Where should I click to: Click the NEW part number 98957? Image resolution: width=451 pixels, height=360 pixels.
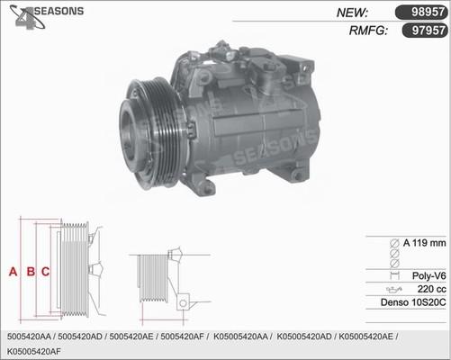(x=428, y=12)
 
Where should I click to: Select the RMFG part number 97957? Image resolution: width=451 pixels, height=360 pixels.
(x=428, y=31)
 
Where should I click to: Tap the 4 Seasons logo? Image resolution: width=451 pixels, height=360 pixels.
(x=46, y=16)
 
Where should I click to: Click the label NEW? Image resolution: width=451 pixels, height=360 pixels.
(x=352, y=13)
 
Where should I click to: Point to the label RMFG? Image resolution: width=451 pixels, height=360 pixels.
(x=368, y=31)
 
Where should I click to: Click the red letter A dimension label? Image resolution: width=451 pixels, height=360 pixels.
(x=13, y=272)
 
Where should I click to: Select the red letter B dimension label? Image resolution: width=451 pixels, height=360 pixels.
(x=31, y=272)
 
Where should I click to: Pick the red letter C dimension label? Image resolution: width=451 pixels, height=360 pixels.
(x=45, y=272)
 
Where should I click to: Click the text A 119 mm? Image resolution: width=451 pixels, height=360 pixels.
(x=424, y=243)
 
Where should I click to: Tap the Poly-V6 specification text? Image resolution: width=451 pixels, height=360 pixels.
(x=429, y=275)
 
